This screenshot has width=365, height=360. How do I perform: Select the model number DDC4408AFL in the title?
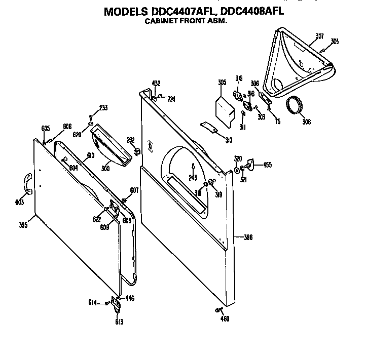[250, 11]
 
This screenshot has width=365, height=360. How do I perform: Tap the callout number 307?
[319, 35]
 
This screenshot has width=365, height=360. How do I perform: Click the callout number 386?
[248, 237]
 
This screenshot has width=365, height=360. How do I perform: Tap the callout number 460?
[225, 318]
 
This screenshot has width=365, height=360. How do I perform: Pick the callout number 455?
[267, 165]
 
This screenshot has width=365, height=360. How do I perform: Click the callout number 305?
[222, 82]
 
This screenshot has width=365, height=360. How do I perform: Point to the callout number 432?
[156, 83]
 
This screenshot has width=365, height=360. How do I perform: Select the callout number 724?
[172, 99]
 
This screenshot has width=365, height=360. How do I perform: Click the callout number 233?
[103, 107]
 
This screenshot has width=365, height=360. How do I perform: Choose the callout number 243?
[192, 177]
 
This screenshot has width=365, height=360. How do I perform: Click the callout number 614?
[92, 303]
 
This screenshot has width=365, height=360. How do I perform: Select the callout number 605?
[46, 129]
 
